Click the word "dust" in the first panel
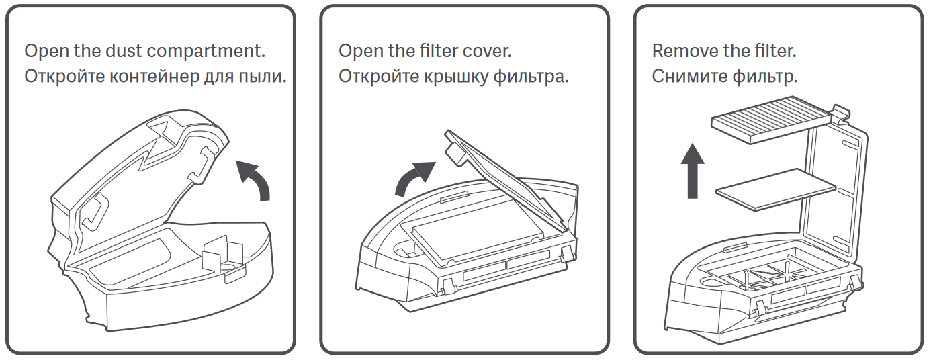124,51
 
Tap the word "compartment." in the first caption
206,52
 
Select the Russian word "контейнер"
154,77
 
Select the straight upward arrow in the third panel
693,171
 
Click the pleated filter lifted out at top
771,120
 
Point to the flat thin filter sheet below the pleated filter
776,189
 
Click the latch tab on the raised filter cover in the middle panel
455,152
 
